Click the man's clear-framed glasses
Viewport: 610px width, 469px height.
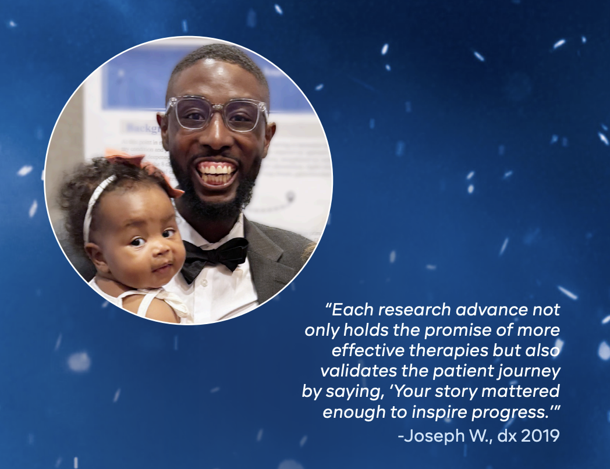(x=217, y=113)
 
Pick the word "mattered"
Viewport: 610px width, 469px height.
(x=520, y=391)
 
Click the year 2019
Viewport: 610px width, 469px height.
(x=540, y=436)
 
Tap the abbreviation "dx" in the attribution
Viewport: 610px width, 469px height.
(x=507, y=436)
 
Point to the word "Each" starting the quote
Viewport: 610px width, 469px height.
(x=349, y=310)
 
